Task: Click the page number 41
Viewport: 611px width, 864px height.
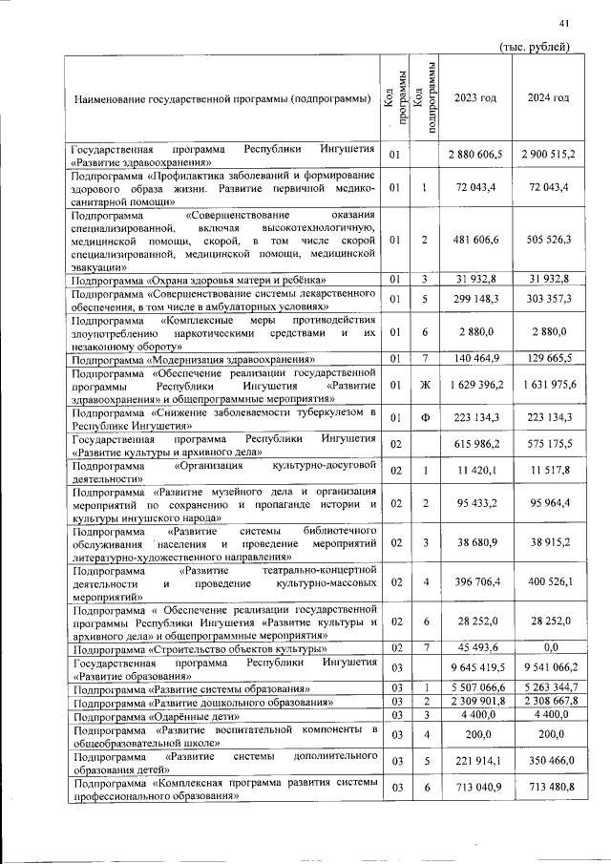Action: (564, 24)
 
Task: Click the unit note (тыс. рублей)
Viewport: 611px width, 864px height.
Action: (536, 47)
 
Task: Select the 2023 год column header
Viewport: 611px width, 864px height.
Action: (474, 99)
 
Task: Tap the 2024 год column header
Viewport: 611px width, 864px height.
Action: (548, 99)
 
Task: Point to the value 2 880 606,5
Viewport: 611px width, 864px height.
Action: (474, 155)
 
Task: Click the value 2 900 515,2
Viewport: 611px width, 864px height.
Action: (548, 155)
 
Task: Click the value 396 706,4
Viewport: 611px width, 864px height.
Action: (474, 581)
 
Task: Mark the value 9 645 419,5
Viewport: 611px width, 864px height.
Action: (474, 668)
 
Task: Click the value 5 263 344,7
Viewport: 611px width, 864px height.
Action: (548, 687)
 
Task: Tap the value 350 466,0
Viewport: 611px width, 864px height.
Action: (548, 760)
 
